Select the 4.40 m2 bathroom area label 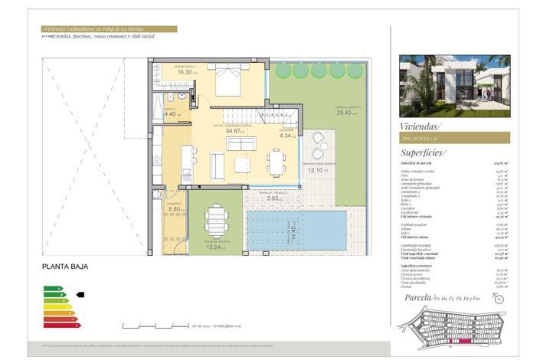point(172,115)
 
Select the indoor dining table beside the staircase point(277,162)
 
